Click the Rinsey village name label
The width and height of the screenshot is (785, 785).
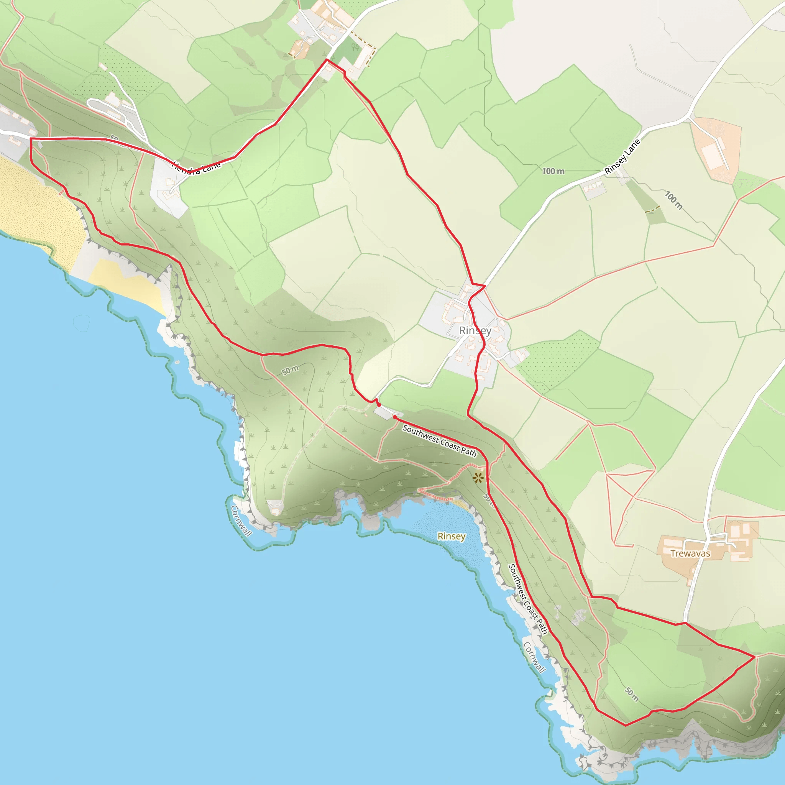[x=475, y=331]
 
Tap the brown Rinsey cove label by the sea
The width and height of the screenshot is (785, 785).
[x=451, y=536]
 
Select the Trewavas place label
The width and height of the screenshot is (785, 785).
[x=690, y=553]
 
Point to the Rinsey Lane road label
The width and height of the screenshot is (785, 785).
[x=622, y=157]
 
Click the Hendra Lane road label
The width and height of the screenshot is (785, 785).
[x=196, y=168]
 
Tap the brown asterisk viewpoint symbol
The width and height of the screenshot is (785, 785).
[x=478, y=478]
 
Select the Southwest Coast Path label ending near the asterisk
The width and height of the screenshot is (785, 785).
[x=439, y=441]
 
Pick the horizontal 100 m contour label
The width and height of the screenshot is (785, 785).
[x=553, y=171]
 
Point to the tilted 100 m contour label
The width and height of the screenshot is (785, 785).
[x=673, y=200]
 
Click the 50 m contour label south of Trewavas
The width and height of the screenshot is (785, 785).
[x=631, y=695]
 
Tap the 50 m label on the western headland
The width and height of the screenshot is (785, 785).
[x=290, y=370]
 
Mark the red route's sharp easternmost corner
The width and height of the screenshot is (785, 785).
[x=754, y=657]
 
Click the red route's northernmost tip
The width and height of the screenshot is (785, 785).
[x=327, y=60]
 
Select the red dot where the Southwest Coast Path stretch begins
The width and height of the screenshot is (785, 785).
[x=394, y=417]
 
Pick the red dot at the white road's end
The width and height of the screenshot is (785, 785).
[x=379, y=405]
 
